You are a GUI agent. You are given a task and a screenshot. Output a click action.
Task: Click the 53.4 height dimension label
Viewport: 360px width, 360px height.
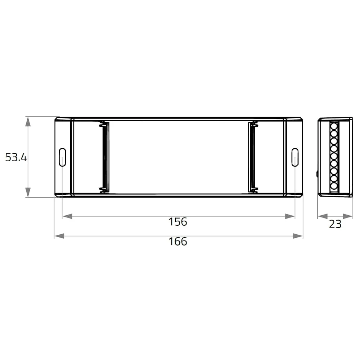(16, 158)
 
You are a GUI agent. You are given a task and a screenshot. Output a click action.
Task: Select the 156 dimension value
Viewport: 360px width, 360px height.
(178, 222)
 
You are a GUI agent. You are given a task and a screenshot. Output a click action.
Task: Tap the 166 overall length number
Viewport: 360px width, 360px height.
(178, 242)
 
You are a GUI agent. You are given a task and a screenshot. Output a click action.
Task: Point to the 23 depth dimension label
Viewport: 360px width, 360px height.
(335, 224)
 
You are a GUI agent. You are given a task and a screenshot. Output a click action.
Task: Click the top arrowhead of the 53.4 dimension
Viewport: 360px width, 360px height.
(28, 121)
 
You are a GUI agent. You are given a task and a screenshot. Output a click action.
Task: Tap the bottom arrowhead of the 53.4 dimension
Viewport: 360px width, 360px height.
(28, 192)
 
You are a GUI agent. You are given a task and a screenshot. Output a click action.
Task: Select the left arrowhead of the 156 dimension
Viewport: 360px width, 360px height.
(68, 216)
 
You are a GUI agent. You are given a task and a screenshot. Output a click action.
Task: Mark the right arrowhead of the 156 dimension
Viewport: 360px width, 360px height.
(290, 216)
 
